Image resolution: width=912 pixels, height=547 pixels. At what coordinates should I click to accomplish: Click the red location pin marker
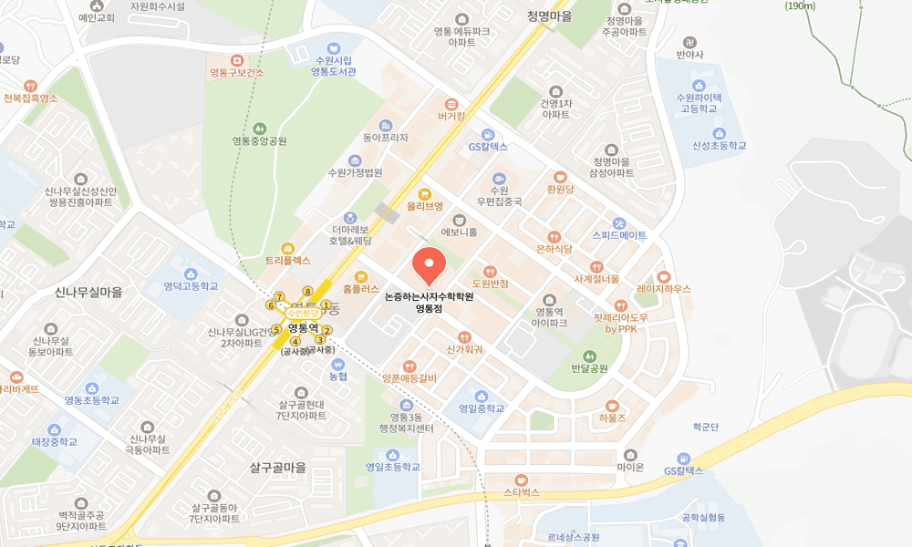(429, 265)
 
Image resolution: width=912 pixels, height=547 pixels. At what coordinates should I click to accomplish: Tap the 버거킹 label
(451, 116)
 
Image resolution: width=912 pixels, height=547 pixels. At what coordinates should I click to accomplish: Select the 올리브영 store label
(424, 206)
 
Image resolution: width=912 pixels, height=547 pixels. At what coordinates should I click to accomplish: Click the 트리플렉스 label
(288, 260)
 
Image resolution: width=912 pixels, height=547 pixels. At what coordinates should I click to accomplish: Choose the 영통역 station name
(301, 326)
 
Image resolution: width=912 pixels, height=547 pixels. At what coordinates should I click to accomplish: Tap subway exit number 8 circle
(308, 291)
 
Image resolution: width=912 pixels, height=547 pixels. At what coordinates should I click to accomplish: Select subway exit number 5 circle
(276, 329)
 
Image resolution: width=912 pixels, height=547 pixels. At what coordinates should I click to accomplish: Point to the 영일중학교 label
(482, 408)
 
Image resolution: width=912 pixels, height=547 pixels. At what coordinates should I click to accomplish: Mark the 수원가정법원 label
(356, 172)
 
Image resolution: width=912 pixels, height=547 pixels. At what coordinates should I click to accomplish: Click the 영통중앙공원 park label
(259, 141)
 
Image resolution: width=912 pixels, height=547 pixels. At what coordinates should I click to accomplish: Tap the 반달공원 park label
(589, 368)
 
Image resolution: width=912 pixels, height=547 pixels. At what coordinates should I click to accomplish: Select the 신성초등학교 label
(719, 145)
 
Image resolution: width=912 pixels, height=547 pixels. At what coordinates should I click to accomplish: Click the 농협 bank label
(338, 376)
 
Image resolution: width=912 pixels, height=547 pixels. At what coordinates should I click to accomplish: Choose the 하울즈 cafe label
(612, 418)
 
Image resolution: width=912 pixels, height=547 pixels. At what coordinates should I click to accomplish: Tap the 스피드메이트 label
(619, 234)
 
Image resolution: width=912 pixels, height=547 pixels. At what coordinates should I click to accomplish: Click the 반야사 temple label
(690, 54)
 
